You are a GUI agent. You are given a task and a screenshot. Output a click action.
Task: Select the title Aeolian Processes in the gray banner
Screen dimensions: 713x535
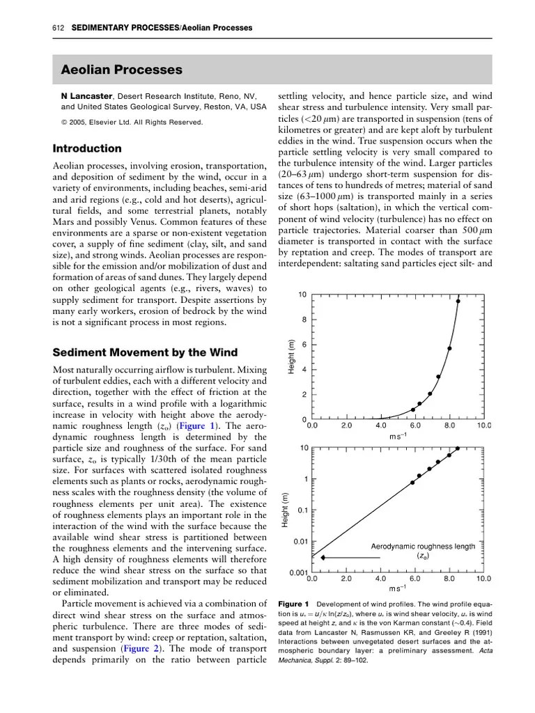(122, 70)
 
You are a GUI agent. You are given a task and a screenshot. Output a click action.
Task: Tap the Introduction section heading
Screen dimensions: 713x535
(87, 148)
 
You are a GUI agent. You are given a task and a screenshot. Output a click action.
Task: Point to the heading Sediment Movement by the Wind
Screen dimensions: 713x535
(146, 352)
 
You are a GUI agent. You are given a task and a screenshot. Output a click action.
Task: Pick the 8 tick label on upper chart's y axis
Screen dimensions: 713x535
(303, 320)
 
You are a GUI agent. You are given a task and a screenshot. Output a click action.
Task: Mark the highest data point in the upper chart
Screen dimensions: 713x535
(458, 301)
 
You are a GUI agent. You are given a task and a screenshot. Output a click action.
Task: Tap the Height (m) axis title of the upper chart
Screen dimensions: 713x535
(292, 356)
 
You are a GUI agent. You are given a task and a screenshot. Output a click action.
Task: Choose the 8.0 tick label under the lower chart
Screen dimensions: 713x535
(449, 578)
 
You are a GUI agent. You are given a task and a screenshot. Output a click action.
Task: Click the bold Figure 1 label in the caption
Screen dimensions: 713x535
(293, 603)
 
